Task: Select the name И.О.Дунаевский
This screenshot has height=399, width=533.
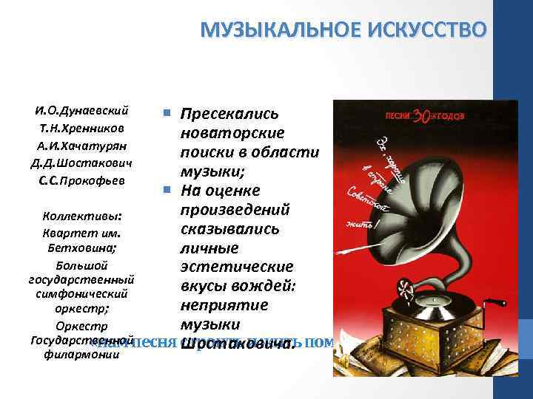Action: tap(81, 112)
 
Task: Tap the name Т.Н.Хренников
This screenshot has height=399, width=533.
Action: tap(81, 129)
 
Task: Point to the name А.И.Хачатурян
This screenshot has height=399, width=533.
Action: tap(81, 146)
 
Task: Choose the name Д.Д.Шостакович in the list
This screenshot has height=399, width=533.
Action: tap(81, 163)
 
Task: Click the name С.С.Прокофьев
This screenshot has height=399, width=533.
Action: tap(81, 180)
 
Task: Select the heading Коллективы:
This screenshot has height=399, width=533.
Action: tap(81, 217)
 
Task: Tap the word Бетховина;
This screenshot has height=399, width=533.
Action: tap(81, 248)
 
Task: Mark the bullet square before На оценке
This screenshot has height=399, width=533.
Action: tap(167, 191)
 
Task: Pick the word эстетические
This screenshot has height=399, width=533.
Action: tap(237, 267)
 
